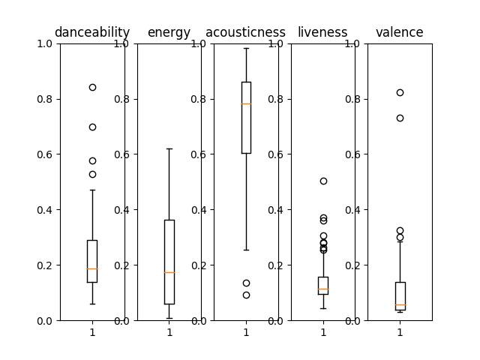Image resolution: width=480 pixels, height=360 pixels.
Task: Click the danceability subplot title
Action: coord(92,32)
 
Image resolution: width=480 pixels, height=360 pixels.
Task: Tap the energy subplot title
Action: coord(169,32)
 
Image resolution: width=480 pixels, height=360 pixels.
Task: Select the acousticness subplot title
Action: coord(245,32)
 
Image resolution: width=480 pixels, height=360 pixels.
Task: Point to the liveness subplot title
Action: coord(322,32)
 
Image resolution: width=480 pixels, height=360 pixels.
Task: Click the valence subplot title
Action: coord(399,32)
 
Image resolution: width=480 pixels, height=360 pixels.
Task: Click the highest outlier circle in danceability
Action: coord(92,87)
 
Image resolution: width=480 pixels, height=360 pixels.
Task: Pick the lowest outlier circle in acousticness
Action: coord(246,295)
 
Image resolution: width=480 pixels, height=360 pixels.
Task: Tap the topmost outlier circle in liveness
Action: coord(323,181)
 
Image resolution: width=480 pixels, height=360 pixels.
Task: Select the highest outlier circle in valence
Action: coord(400,92)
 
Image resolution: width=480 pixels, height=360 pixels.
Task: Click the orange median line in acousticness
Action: coord(246,103)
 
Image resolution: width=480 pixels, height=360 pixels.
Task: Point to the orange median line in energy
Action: coord(169,272)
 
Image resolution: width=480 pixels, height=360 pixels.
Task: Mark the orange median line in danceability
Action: coord(92,268)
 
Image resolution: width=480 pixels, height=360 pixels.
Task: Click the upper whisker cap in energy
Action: coord(169,148)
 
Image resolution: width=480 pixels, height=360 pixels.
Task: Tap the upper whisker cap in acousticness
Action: coord(246,48)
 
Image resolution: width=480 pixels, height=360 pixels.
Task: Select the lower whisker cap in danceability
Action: coord(92,304)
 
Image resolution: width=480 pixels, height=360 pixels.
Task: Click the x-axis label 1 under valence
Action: coord(400,331)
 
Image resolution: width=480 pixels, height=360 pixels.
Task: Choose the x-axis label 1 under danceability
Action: coord(92,331)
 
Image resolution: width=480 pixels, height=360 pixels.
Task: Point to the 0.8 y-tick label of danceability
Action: coord(46,99)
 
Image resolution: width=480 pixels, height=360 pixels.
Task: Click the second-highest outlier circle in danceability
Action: coord(92,127)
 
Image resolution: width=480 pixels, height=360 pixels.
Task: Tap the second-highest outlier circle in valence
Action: coord(400,118)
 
